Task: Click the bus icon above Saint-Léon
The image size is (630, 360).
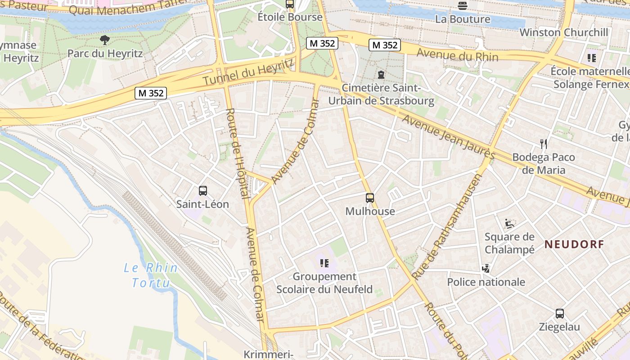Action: point(203,191)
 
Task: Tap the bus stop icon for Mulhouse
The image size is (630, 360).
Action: point(370,198)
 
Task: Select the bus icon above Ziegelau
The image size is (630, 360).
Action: point(560,314)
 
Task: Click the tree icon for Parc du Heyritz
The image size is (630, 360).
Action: point(105,40)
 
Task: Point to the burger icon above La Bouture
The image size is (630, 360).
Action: point(463,5)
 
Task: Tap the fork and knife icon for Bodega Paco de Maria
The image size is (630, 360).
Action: point(544,144)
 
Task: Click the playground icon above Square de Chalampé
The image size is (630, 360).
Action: point(509,224)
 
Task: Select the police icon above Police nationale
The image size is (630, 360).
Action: point(486,269)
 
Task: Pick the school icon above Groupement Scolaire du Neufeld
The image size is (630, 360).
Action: point(324,263)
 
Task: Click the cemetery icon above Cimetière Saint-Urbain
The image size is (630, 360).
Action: point(382,74)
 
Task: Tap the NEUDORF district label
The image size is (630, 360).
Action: point(574,244)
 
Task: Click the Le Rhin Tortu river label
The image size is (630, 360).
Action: point(151,275)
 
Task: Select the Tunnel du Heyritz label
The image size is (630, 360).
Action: point(248,73)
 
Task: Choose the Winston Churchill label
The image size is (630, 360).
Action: point(564,32)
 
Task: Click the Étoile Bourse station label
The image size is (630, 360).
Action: point(290,17)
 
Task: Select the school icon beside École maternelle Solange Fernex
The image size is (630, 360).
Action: point(592,58)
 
